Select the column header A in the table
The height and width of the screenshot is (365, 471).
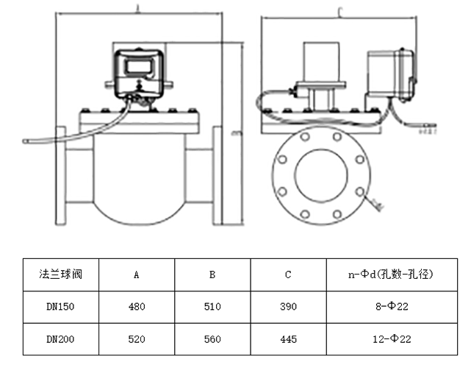(136, 274)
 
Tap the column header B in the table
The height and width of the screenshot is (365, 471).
(212, 274)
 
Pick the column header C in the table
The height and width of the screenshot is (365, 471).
(288, 274)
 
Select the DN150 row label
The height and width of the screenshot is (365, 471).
(60, 307)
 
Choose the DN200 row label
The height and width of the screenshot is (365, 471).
(60, 340)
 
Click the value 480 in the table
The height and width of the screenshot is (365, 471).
(136, 307)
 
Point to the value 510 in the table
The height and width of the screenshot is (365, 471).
(212, 307)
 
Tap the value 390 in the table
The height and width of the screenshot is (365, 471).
(288, 307)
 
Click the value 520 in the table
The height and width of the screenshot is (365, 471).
(136, 340)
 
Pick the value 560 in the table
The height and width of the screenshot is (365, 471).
(212, 340)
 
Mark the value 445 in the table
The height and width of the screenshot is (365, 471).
(288, 340)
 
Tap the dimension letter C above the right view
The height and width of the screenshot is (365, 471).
(339, 12)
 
